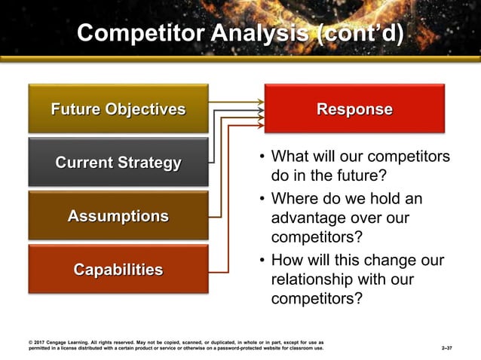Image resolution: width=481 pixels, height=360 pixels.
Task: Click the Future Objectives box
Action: coord(118,109)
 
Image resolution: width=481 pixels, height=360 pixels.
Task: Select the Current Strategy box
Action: coord(118,163)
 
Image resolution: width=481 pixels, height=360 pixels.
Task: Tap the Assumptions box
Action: coord(118,216)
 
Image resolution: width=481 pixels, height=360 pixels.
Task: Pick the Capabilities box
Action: coord(118,270)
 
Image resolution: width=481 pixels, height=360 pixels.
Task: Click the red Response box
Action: coord(354,109)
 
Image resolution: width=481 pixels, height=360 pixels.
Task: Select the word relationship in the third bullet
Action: coord(310,279)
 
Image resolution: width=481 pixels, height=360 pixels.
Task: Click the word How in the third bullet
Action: coord(286,261)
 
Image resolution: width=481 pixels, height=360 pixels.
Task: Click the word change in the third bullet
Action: coord(399,261)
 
